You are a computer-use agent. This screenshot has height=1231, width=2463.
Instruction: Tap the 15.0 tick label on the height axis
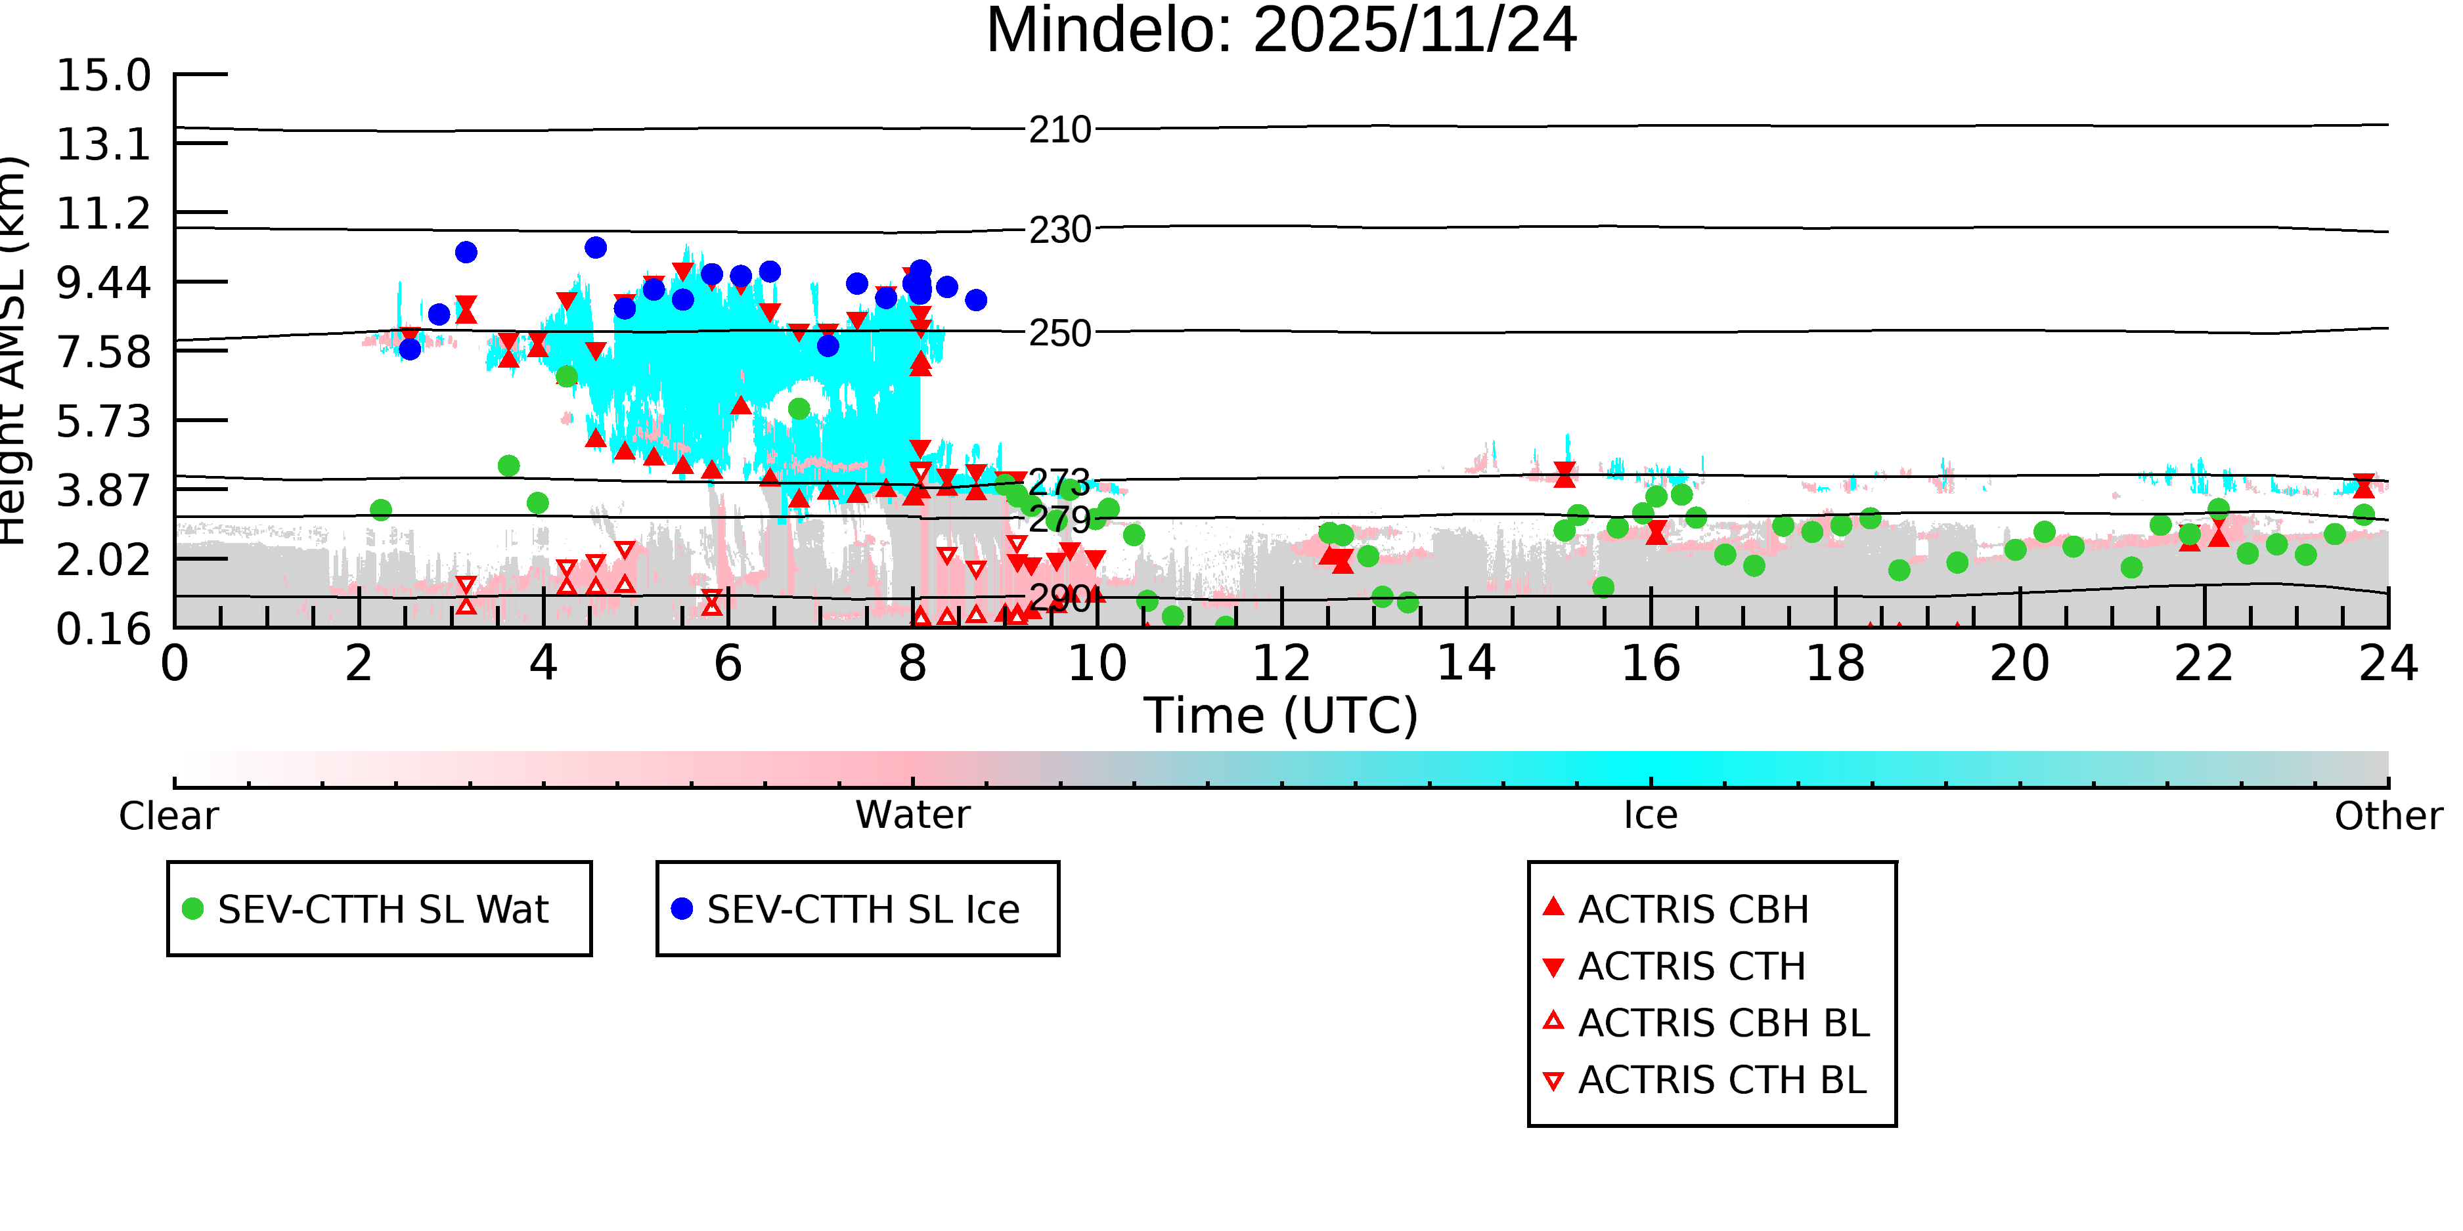pos(103,76)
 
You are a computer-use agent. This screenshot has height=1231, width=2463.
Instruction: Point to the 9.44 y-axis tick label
pos(103,283)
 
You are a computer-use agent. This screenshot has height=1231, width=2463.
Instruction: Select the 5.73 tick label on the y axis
pos(103,421)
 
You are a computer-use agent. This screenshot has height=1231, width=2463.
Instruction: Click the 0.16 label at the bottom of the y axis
pos(103,629)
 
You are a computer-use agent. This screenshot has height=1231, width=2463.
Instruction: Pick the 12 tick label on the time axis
pos(1281,663)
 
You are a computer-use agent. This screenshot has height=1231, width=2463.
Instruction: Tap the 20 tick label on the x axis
pos(2020,663)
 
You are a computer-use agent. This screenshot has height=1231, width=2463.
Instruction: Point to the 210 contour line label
pos(1059,130)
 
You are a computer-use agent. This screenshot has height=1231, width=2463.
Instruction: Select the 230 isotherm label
pos(1059,230)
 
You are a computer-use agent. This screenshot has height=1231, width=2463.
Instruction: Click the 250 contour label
pos(1059,334)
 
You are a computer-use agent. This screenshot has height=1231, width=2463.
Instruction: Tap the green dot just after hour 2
pos(380,510)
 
